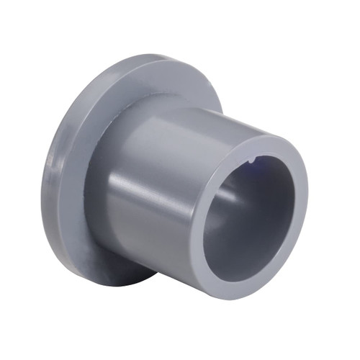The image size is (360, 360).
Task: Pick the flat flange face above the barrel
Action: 151,86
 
